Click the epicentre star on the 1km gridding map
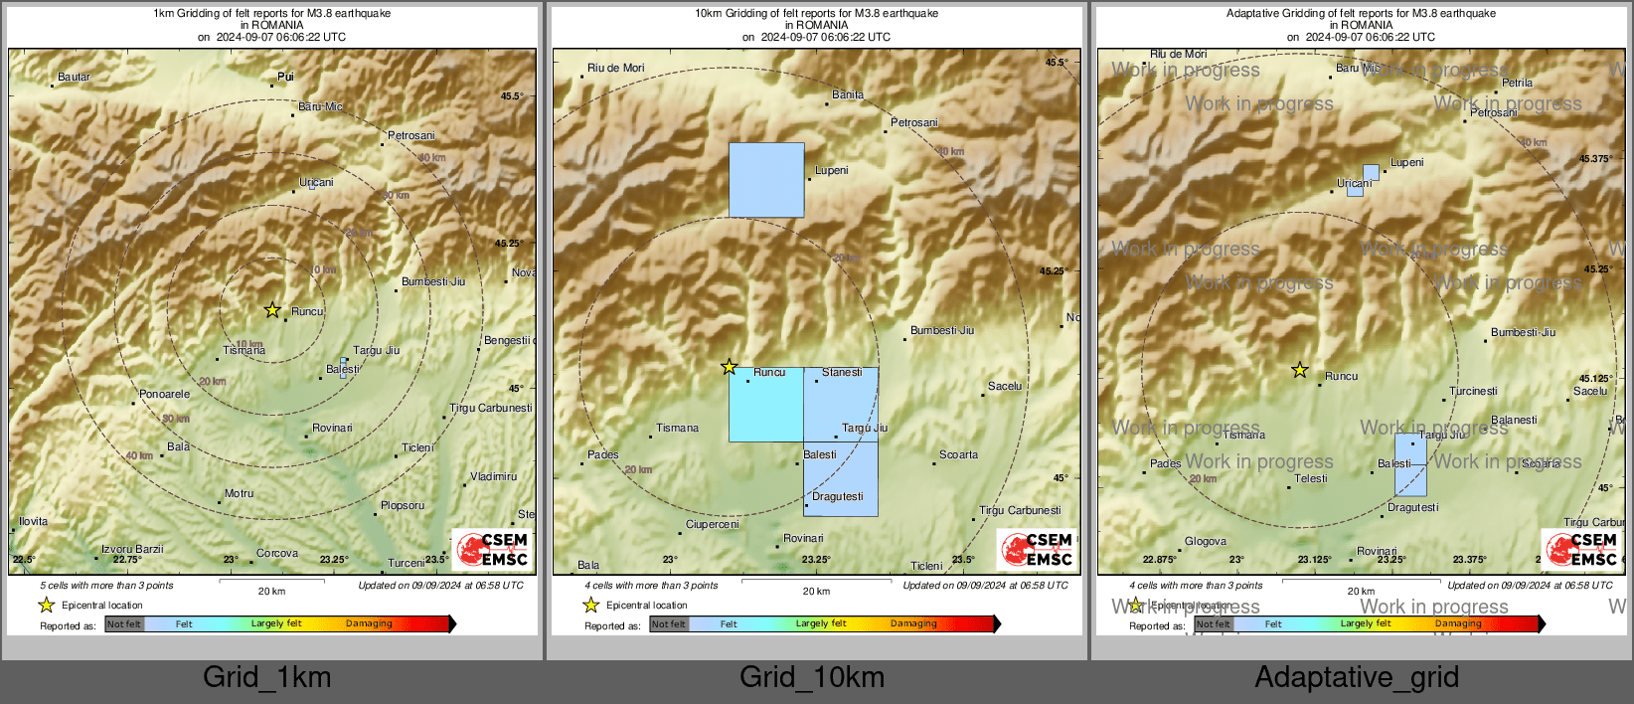click(x=272, y=310)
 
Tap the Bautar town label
click(x=74, y=77)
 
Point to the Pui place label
click(x=285, y=77)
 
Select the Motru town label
click(x=239, y=493)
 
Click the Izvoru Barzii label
click(x=132, y=549)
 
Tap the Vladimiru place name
click(x=493, y=476)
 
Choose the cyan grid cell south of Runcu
click(x=765, y=405)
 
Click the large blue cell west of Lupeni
click(x=766, y=180)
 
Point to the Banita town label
click(x=848, y=94)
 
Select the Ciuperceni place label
click(x=713, y=524)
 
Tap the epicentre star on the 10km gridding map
click(x=729, y=367)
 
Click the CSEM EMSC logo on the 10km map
click(x=1037, y=549)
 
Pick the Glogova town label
click(x=1206, y=542)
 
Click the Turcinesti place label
click(x=1473, y=391)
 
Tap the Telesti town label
click(x=1311, y=478)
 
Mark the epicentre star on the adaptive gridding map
click(x=1299, y=371)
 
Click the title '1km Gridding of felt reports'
click(x=271, y=14)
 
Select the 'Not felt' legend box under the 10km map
click(x=669, y=624)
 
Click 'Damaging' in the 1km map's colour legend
click(x=369, y=623)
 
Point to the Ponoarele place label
click(x=164, y=394)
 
